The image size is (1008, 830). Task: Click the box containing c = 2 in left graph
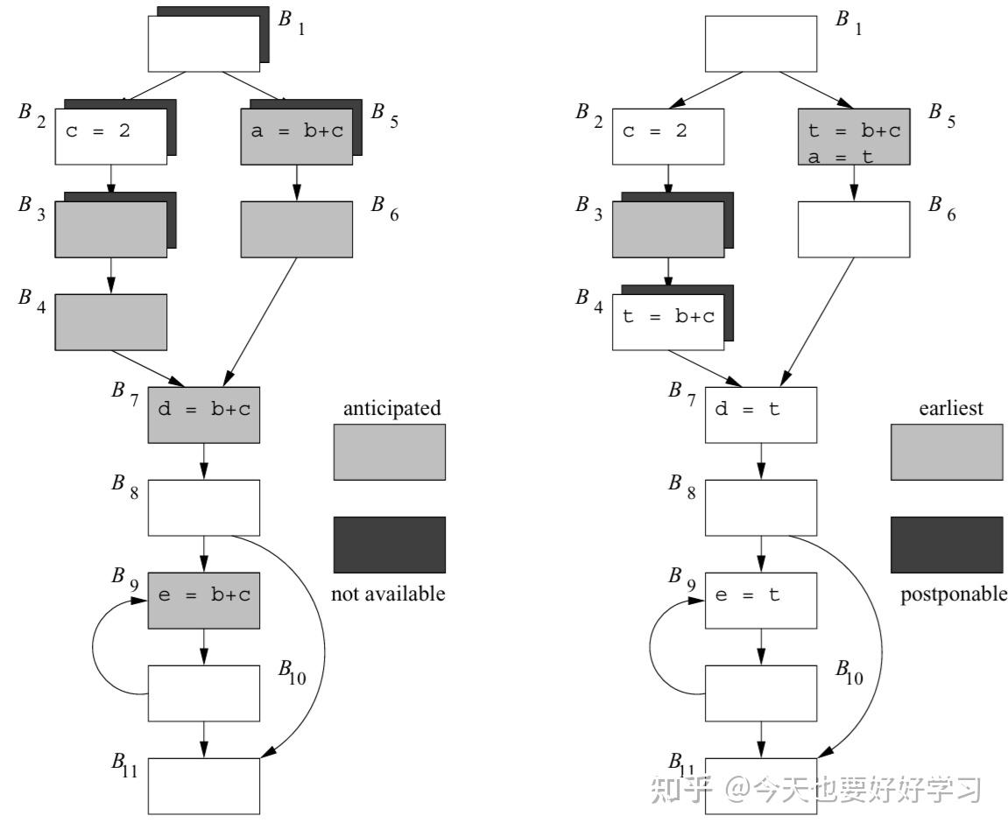coord(110,136)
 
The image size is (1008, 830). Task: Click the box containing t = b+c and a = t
coord(854,137)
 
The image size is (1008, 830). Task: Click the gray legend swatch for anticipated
coord(389,452)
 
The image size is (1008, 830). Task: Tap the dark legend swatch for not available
coord(389,545)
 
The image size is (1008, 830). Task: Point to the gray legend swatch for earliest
coord(947,452)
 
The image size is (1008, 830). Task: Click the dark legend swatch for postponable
coord(947,545)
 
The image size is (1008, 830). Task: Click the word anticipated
coord(391,408)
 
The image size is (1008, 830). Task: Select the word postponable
coord(953,594)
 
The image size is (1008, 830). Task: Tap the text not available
coord(388,594)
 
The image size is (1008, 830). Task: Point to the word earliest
coord(951,408)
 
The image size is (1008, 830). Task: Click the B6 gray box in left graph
coord(296,229)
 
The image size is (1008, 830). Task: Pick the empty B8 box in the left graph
coord(204,507)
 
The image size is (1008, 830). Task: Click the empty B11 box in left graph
coord(204,785)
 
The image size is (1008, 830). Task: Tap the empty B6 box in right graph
coord(854,229)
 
